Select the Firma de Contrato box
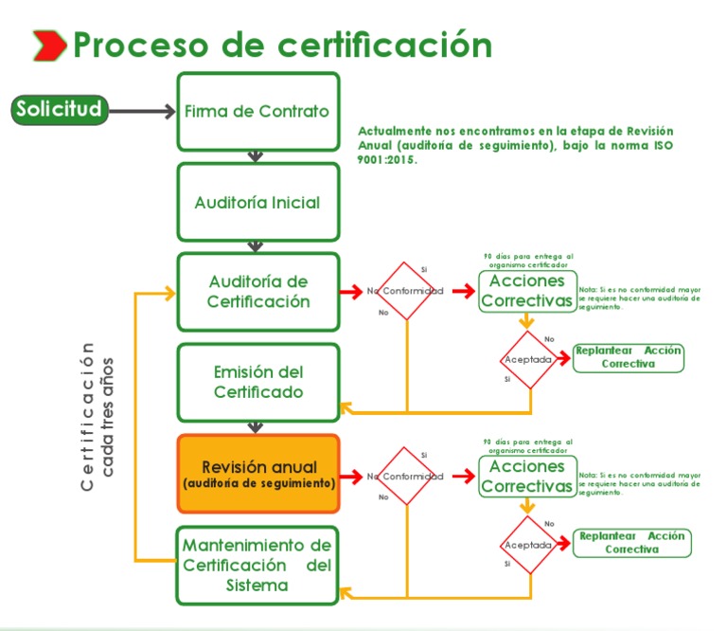(257, 112)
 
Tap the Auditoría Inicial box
(257, 202)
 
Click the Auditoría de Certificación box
(257, 292)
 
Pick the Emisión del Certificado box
(257, 382)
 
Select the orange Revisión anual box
(257, 473)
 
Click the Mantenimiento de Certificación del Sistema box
(257, 565)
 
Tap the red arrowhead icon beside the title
(49, 44)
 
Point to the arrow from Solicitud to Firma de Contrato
(142, 112)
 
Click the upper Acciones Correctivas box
(526, 291)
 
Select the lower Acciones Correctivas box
(526, 476)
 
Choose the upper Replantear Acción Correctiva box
(629, 357)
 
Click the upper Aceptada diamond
(528, 360)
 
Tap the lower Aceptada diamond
(528, 545)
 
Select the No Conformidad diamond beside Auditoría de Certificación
(406, 291)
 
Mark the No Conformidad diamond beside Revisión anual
(406, 476)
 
